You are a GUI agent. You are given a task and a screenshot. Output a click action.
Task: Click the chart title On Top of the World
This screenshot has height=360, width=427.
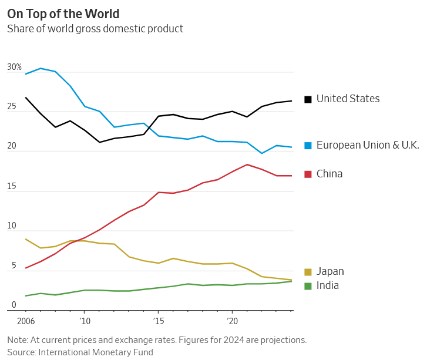point(63,14)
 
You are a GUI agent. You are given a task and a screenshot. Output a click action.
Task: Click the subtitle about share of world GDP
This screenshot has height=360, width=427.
point(95,29)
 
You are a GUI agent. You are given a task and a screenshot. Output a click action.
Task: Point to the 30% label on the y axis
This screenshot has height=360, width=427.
point(14,68)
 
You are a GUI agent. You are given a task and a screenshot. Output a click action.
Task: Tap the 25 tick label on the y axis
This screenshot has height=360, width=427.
point(12,107)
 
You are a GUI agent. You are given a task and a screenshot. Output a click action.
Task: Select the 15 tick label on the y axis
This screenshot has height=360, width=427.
point(12,187)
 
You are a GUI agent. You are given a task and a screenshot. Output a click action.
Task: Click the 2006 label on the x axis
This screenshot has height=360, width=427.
point(25,321)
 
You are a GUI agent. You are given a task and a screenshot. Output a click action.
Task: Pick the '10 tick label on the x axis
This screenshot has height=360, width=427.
point(85,321)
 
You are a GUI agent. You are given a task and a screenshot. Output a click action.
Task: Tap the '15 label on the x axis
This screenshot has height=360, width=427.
point(159,321)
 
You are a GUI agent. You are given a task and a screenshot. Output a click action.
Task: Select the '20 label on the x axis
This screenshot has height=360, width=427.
point(233,321)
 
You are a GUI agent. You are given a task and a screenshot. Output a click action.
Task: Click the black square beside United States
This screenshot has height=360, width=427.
point(308,99)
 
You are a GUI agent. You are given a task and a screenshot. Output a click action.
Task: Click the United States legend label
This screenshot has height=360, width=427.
point(348,99)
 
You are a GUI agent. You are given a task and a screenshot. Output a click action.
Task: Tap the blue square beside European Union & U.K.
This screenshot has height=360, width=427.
point(308,145)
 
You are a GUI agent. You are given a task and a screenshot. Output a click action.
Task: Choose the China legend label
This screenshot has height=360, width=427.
point(329,174)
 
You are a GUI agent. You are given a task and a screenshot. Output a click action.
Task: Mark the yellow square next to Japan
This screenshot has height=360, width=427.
point(308,272)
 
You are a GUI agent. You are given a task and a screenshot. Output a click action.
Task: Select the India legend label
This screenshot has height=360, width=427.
point(327,285)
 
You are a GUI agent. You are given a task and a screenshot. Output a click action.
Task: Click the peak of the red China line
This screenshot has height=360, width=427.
point(247,164)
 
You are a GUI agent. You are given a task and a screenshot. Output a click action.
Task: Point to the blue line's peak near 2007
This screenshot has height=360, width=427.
point(40,68)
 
